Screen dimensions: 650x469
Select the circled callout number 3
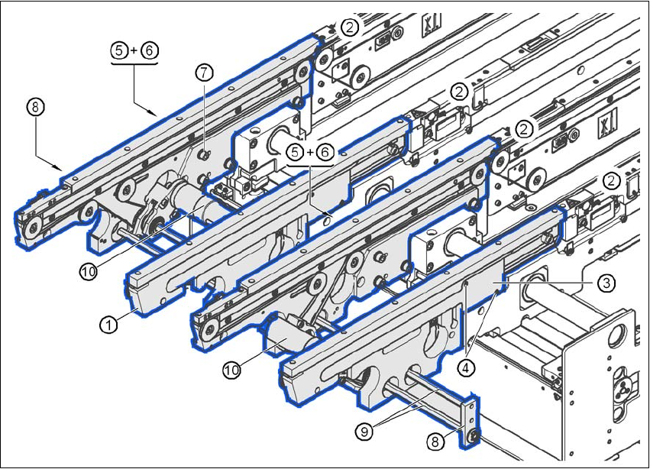[604, 283]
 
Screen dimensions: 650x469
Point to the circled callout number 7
[203, 73]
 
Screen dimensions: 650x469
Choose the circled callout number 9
[364, 430]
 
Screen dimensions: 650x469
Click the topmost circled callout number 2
[349, 27]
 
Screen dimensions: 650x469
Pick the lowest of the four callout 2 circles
[611, 181]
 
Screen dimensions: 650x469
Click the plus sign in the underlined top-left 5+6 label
[134, 51]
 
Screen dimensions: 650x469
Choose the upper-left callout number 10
[88, 271]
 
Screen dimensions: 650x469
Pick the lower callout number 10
[232, 370]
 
